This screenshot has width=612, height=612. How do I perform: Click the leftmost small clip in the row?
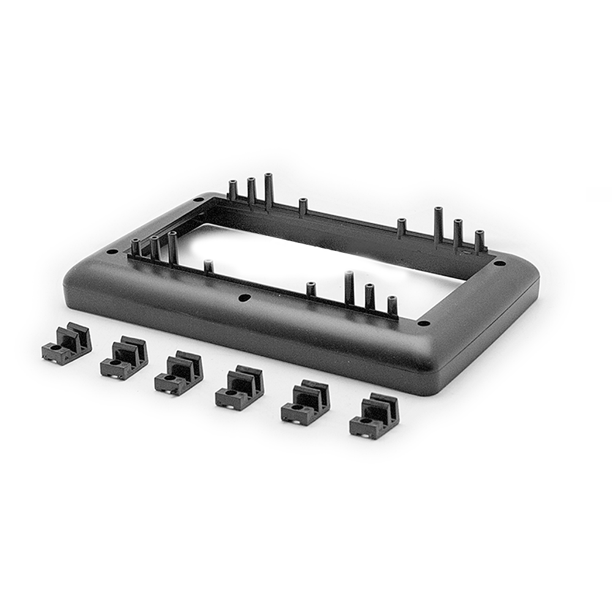[x=67, y=343]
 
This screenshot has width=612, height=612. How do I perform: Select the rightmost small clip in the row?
[x=374, y=418]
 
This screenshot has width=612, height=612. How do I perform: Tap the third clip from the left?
[x=179, y=373]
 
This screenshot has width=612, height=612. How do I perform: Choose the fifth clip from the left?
[x=306, y=403]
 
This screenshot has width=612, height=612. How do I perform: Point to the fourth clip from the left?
[x=239, y=389]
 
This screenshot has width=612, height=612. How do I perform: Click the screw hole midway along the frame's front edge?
[x=245, y=298]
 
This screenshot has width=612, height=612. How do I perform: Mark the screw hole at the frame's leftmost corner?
[x=111, y=252]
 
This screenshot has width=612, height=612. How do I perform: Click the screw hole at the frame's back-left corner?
[x=198, y=200]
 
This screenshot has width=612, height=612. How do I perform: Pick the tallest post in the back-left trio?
[x=268, y=191]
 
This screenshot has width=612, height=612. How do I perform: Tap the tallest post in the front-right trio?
[x=349, y=288]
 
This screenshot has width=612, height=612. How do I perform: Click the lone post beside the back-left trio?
[x=302, y=207]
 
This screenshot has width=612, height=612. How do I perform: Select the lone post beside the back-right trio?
[x=401, y=228]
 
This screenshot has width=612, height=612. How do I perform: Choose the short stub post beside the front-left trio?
[x=209, y=267]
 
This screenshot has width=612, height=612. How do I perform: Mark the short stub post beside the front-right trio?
[x=311, y=289]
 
